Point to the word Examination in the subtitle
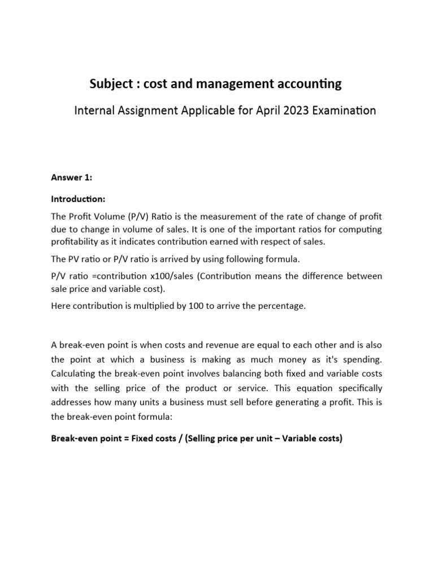pos(340,111)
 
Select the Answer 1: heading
pos(71,177)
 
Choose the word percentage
pos(283,306)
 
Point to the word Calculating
pos(75,373)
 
